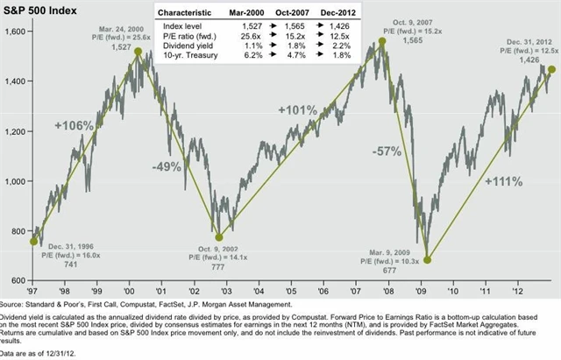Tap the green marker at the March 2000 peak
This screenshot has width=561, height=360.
click(x=138, y=52)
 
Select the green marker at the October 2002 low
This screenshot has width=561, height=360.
click(x=219, y=236)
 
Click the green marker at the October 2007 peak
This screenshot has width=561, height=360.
click(x=382, y=41)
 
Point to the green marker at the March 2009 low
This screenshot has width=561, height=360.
click(x=428, y=259)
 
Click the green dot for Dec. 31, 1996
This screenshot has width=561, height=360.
click(x=34, y=241)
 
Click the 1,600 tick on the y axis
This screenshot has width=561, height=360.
click(x=17, y=32)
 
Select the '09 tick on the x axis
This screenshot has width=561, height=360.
click(x=427, y=290)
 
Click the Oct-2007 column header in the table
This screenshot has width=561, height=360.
click(x=288, y=15)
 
